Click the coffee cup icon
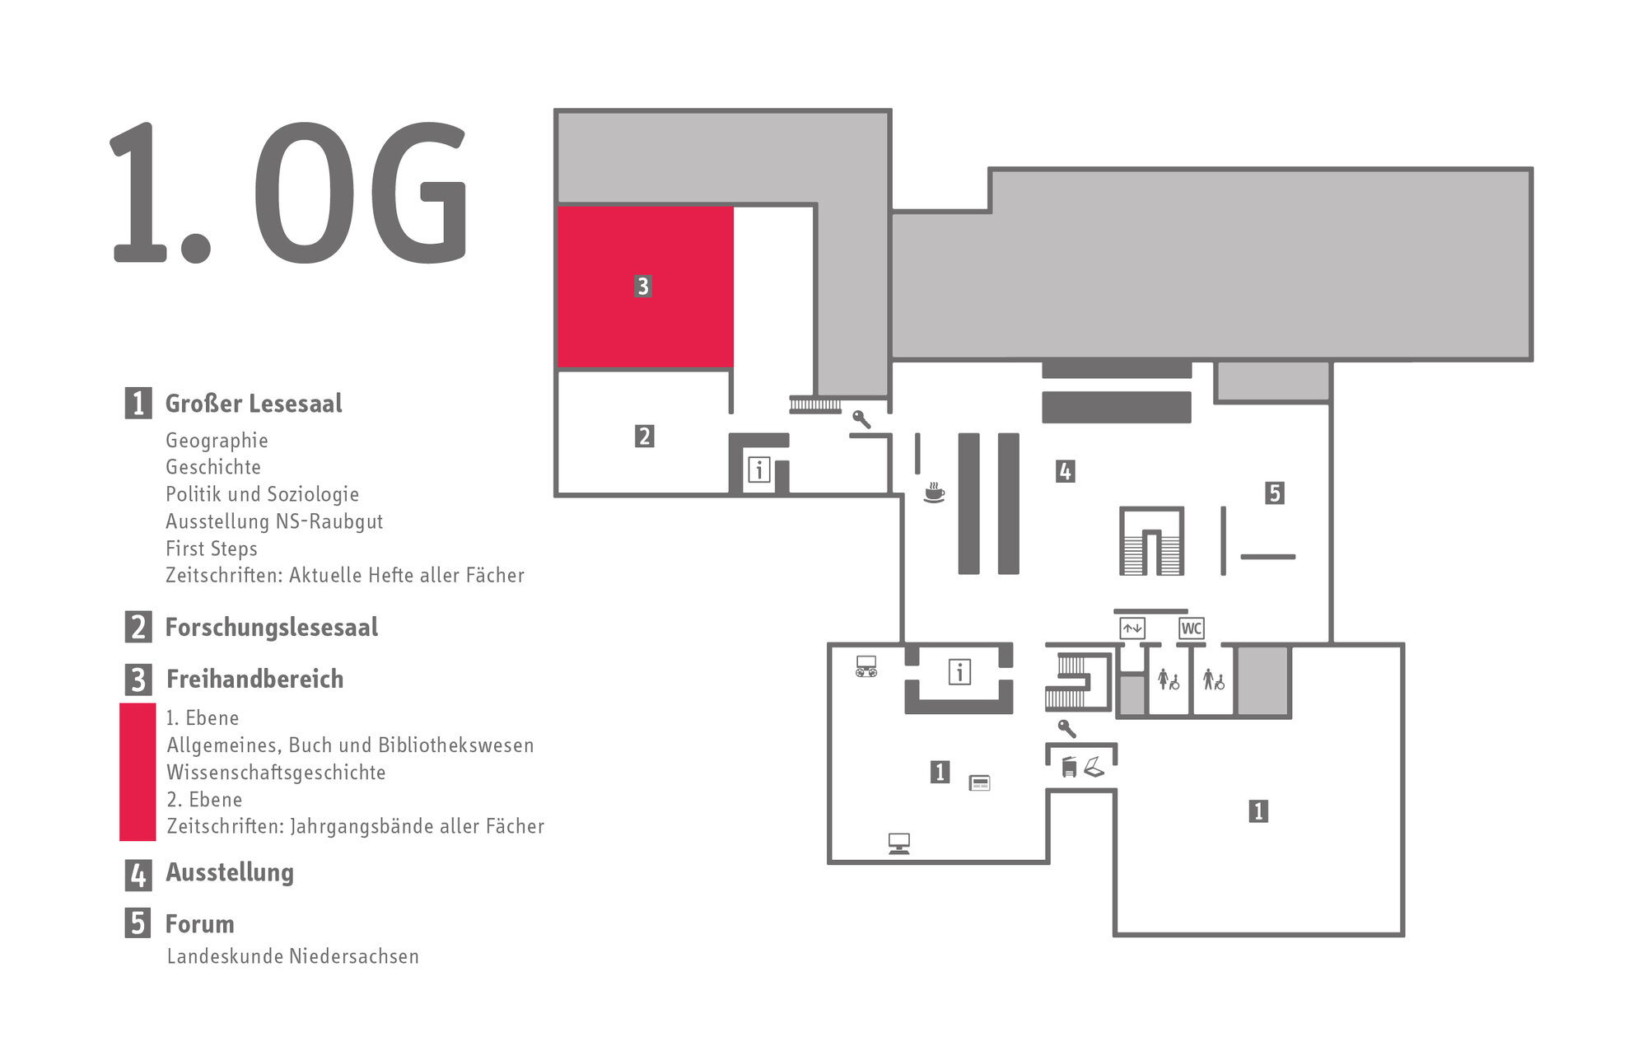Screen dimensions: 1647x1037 pos(934,492)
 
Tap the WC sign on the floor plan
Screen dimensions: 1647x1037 pos(1191,628)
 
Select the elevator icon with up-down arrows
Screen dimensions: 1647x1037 pos(1132,628)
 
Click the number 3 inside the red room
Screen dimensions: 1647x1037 pos(643,286)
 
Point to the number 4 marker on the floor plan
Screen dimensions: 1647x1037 pos(1065,471)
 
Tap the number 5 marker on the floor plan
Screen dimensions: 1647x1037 pos(1275,493)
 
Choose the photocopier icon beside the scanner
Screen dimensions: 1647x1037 pos(1069,767)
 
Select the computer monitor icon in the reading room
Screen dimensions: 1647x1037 pos(899,843)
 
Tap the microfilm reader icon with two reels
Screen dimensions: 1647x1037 pos(866,666)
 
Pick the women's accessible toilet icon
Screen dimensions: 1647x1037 pos(1169,680)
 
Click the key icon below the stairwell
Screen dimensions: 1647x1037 pos(1067,728)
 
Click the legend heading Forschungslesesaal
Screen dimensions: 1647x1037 pos(272,628)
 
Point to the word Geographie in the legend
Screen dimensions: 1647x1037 pos(217,441)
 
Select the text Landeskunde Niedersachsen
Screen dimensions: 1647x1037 pos(292,956)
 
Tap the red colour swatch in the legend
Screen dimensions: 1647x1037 pos(138,772)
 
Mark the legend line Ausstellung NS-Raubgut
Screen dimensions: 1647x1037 pos(274,521)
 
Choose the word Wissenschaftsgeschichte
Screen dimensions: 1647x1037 pos(276,773)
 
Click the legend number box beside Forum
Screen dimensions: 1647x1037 pos(138,923)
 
